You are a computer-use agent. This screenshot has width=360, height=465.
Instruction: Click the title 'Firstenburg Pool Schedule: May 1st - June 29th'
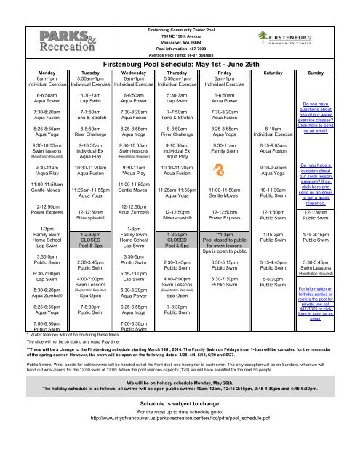tap(180, 65)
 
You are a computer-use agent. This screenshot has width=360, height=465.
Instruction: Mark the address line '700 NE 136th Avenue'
tap(180, 27)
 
